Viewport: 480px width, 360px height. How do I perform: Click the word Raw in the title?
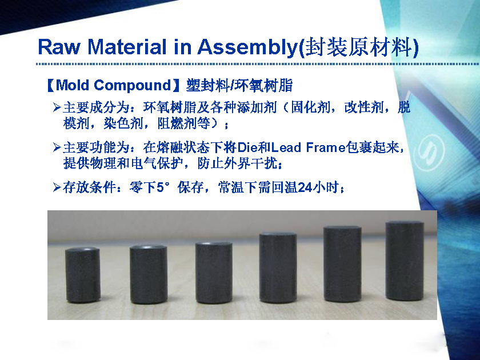tap(59, 47)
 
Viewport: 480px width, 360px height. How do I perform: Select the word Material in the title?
tap(127, 47)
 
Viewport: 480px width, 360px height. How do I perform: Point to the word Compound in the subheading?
tap(132, 86)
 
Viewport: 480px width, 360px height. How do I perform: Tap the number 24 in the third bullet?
tap(305, 187)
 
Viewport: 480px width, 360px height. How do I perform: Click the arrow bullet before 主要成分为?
tap(57, 107)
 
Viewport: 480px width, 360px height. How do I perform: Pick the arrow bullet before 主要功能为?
tap(57, 147)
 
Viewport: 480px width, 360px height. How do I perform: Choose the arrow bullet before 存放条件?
tap(57, 187)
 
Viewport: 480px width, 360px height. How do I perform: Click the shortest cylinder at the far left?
tap(83, 275)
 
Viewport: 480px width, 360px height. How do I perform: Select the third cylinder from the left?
tap(214, 272)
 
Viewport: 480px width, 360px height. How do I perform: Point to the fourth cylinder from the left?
tap(278, 268)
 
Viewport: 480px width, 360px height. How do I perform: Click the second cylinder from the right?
tap(342, 264)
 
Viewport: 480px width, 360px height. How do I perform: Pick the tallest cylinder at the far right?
tap(405, 261)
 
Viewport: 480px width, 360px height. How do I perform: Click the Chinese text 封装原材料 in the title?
tap(358, 47)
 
